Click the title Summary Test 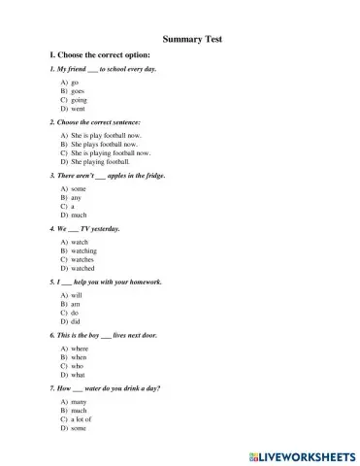pos(192,39)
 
